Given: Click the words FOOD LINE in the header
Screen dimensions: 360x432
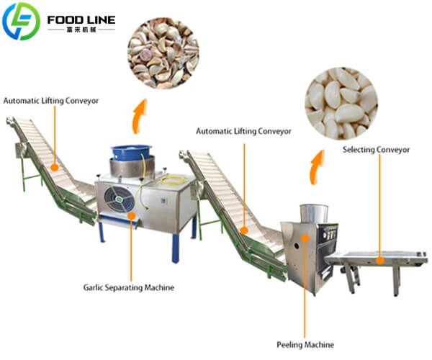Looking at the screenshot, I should click(x=80, y=18).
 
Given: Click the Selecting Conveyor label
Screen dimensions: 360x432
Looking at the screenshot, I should click(x=376, y=150).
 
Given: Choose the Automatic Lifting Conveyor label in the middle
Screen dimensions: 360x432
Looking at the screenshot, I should click(x=243, y=132).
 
